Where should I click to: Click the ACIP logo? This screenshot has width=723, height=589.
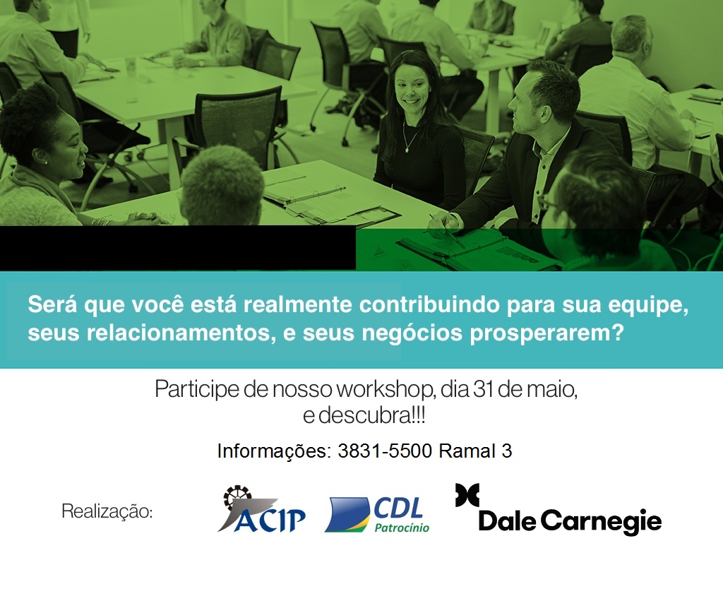261,509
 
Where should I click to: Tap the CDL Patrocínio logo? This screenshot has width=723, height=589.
377,515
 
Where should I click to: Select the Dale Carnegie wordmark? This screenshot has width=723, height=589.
570,522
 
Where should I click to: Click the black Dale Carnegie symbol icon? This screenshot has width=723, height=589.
467,495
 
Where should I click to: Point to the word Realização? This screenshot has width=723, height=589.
107,511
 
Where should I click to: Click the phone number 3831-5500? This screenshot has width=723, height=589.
385,451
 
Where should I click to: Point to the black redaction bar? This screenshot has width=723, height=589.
177,248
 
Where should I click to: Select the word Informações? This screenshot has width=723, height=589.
274,451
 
